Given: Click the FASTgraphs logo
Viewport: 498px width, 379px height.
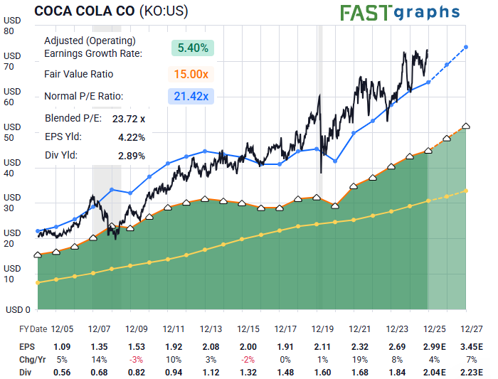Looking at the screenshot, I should (x=399, y=13).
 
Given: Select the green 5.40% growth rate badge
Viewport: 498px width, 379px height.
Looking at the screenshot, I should (x=193, y=48).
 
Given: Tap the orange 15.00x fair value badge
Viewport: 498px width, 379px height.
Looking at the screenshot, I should (x=193, y=74).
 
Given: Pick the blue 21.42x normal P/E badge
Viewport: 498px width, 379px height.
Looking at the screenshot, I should (x=193, y=97).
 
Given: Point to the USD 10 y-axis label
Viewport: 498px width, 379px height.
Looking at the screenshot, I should (x=10, y=274).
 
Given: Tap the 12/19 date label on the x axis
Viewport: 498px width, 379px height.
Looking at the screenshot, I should (x=322, y=329).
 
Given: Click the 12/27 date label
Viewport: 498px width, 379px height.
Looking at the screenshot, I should (x=471, y=329).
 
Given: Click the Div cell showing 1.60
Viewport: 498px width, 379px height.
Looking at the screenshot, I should (x=322, y=372).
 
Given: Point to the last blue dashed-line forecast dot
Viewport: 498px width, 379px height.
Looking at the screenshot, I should (x=465, y=47).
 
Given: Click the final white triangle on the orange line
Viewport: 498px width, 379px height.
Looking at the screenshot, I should (x=465, y=126).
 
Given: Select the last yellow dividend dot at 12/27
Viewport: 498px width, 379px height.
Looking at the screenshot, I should (x=465, y=191).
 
